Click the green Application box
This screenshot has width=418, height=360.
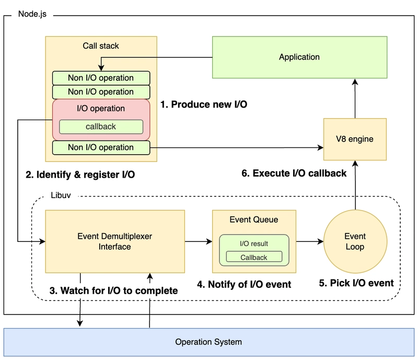pos(299,57)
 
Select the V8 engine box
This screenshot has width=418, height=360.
pos(355,139)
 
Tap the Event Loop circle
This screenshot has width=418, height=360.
pos(355,241)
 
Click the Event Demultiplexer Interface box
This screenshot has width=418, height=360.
pos(115,241)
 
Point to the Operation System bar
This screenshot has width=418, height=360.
pos(208,342)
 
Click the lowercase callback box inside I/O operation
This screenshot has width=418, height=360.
pos(101,126)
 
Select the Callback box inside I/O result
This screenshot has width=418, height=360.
pos(254,257)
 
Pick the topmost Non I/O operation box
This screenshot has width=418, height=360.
pos(101,78)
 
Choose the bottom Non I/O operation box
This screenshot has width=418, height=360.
pos(101,147)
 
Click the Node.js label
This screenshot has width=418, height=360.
pos(32,14)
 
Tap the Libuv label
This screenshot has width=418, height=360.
pos(61,195)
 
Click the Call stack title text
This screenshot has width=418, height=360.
pos(101,46)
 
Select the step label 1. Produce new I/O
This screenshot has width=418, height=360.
pos(204,104)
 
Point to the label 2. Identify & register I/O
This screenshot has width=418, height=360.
pos(80,175)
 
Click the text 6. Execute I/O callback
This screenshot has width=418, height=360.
pos(294,173)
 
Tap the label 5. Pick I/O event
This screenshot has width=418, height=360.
pos(356,283)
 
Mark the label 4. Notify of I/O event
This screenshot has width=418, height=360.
pos(244,284)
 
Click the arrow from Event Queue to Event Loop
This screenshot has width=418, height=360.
pos(310,241)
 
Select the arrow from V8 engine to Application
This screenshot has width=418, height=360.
pos(355,98)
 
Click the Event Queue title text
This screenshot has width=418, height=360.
pos(254,219)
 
